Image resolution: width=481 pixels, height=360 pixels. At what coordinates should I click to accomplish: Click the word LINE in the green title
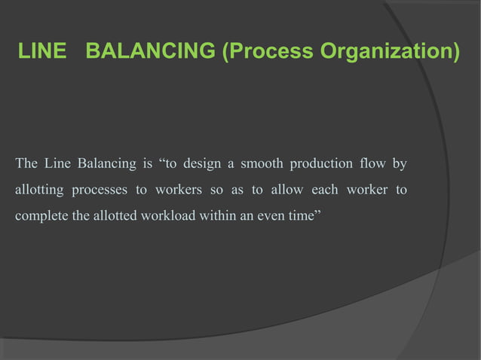click(x=43, y=53)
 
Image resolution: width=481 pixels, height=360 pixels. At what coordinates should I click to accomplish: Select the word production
click(x=323, y=163)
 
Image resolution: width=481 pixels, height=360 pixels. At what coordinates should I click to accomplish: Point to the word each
click(x=325, y=190)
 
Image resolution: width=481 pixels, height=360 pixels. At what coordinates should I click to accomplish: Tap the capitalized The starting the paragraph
click(x=26, y=163)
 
